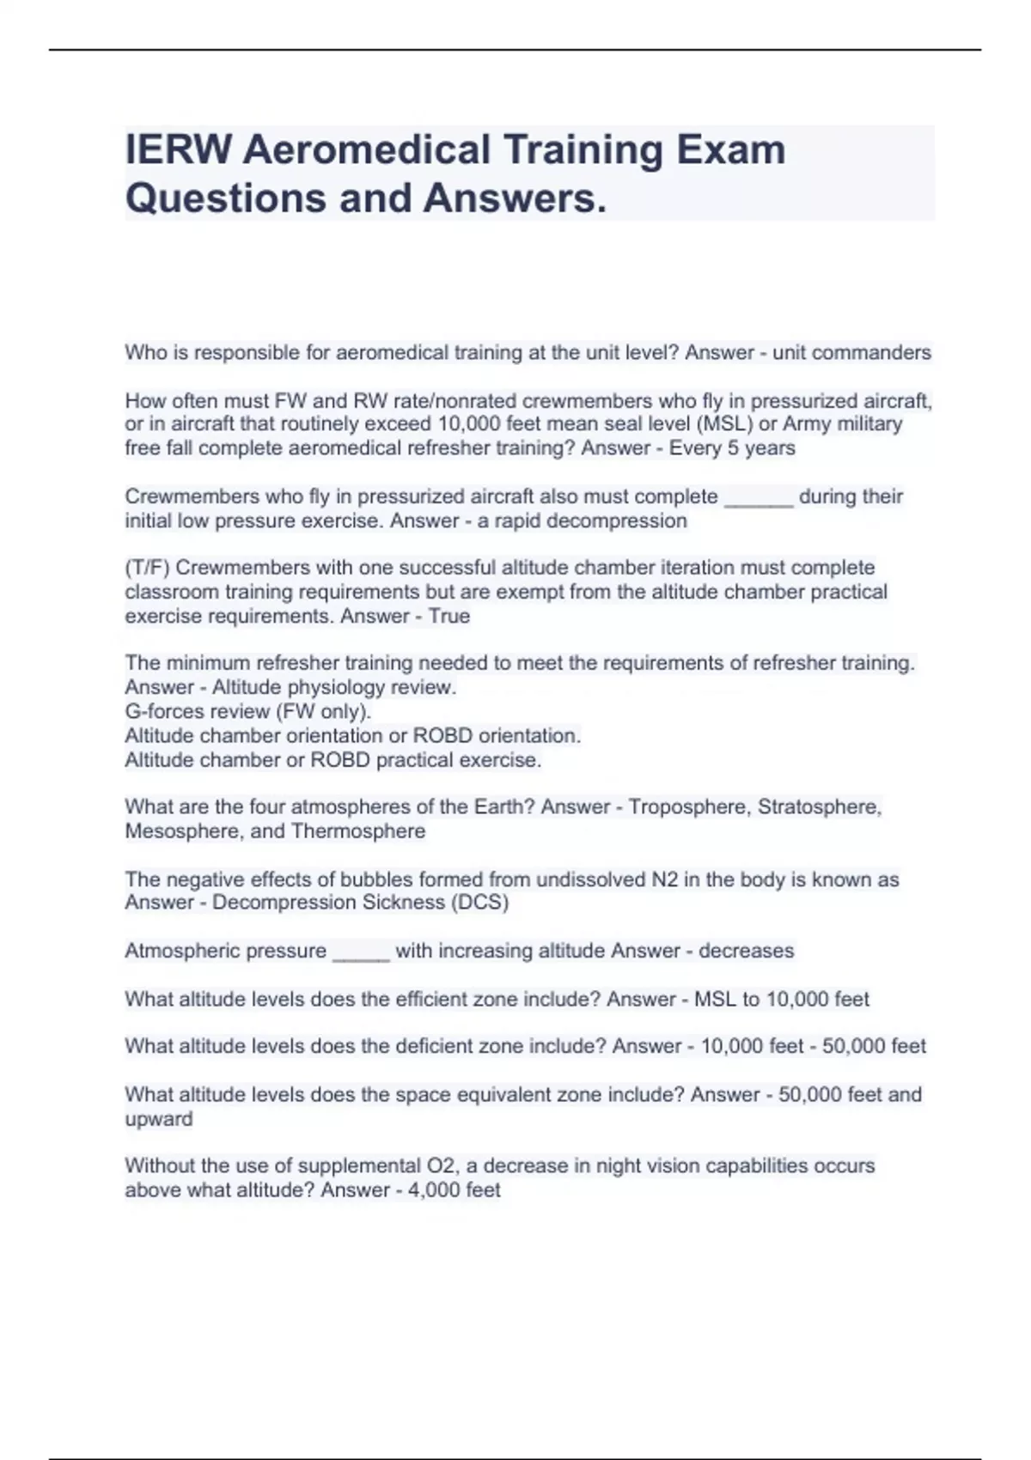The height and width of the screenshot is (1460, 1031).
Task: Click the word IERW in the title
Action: (178, 149)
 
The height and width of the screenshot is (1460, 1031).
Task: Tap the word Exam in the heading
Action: (730, 149)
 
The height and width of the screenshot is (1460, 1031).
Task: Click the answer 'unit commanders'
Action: (851, 353)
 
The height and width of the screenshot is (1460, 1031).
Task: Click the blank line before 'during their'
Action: (759, 498)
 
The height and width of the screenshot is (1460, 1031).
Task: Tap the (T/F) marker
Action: (147, 568)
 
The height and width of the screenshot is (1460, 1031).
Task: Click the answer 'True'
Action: (449, 616)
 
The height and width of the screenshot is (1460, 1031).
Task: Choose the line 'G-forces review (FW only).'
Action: (247, 711)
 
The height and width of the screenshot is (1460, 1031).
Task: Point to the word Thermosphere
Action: (357, 831)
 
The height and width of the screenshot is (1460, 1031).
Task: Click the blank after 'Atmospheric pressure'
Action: (361, 952)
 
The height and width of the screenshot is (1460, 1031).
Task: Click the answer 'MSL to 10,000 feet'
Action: (781, 999)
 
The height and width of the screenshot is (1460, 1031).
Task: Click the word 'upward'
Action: (159, 1119)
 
